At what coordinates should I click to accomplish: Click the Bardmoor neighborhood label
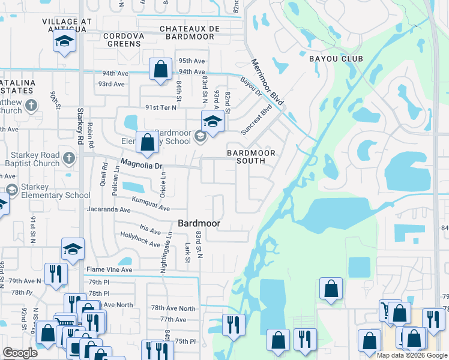199,223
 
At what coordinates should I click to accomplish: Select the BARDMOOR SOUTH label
251,153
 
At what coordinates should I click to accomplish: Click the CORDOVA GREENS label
124,36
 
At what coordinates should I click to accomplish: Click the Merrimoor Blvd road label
267,79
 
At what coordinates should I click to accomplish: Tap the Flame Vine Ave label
109,270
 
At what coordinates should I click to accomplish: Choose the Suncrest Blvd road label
256,120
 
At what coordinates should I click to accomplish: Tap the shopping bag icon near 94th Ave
161,68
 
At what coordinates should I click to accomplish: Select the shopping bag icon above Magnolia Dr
147,142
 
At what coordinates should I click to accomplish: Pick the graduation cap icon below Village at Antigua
64,41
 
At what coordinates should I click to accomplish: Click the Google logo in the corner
20,353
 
